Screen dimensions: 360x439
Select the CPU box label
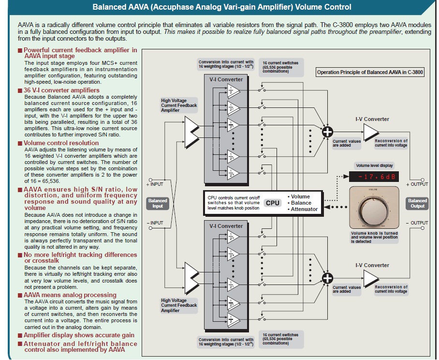pos(273,203)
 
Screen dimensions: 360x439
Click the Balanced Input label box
pos(158,203)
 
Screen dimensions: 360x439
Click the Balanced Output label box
pos(417,203)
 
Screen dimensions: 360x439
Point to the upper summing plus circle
pos(328,131)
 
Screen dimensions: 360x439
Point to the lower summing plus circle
pos(328,278)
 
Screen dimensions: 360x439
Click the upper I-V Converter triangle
pos(371,131)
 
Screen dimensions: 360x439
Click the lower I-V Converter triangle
pos(371,278)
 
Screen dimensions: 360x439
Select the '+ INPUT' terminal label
pos(155,184)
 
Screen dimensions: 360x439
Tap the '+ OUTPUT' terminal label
pos(417,184)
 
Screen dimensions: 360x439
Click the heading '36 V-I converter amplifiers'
pos(61,90)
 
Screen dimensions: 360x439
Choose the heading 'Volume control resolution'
pos(61,143)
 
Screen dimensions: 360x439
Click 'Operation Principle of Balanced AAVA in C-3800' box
pos(368,72)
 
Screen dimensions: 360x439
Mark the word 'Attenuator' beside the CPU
pos(305,209)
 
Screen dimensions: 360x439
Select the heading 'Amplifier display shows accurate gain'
pos(79,335)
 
